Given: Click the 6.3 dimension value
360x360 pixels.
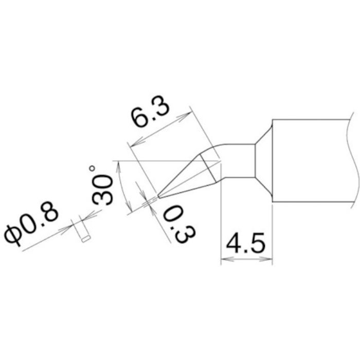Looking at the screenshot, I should [x=151, y=118].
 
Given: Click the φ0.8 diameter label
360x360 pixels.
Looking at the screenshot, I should [x=33, y=227].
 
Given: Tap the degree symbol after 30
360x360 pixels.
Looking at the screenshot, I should [x=93, y=168].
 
